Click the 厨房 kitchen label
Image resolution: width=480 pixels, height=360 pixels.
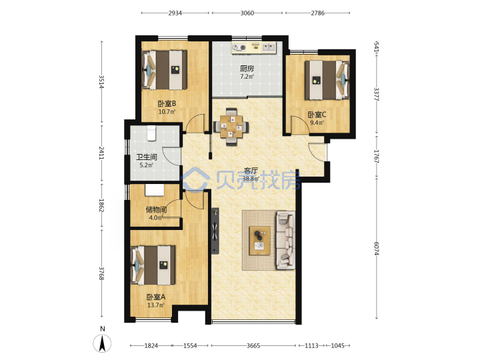(x=247, y=69)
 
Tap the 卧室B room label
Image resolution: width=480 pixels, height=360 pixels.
(x=167, y=104)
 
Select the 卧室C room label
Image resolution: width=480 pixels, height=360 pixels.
(x=317, y=115)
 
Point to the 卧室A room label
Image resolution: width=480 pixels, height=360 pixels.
(x=156, y=297)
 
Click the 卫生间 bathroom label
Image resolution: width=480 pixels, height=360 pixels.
(x=147, y=157)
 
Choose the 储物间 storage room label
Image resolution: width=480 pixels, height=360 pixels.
(x=156, y=210)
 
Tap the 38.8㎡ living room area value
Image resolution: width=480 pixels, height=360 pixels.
(x=251, y=179)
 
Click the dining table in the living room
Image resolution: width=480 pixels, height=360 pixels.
(x=231, y=126)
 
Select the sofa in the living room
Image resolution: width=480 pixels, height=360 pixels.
(x=286, y=240)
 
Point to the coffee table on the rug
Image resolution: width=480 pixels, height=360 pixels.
(x=259, y=241)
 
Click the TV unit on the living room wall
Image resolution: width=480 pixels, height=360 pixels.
(x=215, y=231)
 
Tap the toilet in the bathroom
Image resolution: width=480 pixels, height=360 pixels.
(x=151, y=133)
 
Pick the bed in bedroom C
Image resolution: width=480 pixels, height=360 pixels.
(x=327, y=80)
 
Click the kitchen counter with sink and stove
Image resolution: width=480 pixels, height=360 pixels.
(x=254, y=48)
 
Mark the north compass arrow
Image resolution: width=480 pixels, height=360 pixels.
(x=102, y=343)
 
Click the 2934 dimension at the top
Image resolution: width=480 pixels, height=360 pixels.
(x=175, y=13)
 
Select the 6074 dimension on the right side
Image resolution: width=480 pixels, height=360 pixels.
(x=377, y=248)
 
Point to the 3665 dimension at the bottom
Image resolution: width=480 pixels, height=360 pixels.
(x=253, y=345)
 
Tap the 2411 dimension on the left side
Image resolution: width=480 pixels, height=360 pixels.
(x=101, y=153)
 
